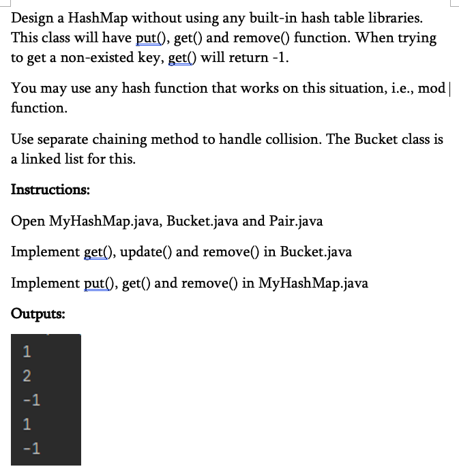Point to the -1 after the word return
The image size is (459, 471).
tap(281, 57)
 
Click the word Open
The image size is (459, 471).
tap(28, 221)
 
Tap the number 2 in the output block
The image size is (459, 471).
tap(27, 376)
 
